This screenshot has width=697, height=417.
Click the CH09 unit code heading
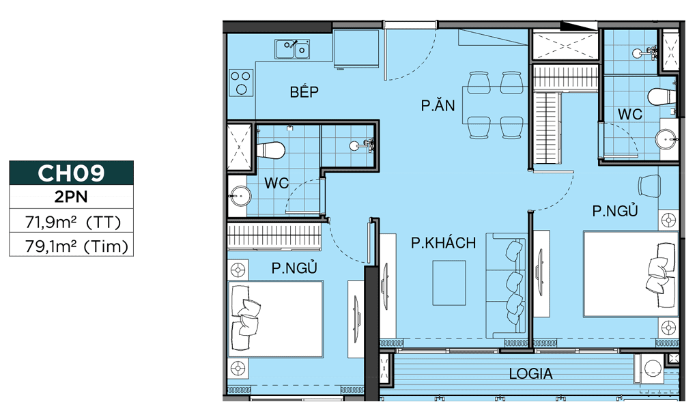71,173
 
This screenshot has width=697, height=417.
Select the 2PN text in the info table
71,197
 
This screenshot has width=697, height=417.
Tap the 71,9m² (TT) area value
73,222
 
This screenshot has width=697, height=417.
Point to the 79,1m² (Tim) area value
76,246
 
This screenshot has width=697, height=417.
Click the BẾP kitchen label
304,91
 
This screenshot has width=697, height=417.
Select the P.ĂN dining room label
438,105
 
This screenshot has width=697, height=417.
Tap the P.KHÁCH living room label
443,243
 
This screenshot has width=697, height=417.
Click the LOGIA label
530,373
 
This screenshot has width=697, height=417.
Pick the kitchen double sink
292,49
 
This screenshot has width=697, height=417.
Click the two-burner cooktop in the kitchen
242,83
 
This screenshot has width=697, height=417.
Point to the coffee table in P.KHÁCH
449,283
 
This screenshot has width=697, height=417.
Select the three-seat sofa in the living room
506,285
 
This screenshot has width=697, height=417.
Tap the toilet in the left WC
270,150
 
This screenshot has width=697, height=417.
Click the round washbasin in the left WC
240,196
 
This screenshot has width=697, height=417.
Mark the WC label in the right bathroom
630,114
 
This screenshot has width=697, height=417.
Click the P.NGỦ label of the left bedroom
294,268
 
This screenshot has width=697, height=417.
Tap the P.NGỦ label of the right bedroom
615,211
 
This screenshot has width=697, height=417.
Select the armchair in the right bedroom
649,186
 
